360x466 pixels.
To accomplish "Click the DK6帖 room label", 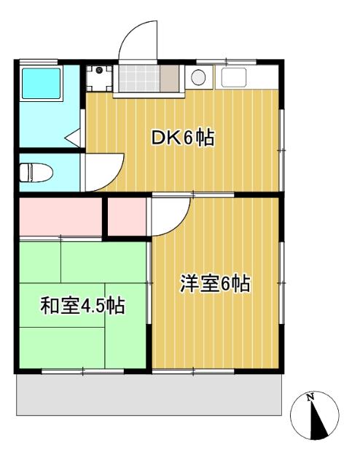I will coord(182,138).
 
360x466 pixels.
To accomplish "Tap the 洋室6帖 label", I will coord(215,284).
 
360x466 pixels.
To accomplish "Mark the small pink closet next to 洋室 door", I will coord(127,216).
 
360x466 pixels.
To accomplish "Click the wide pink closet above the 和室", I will coord(59,216).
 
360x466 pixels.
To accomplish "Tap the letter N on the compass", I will coord(310,397).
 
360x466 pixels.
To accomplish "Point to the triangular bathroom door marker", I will coord(73,135).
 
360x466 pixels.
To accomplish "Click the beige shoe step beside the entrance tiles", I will coord(168,77).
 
